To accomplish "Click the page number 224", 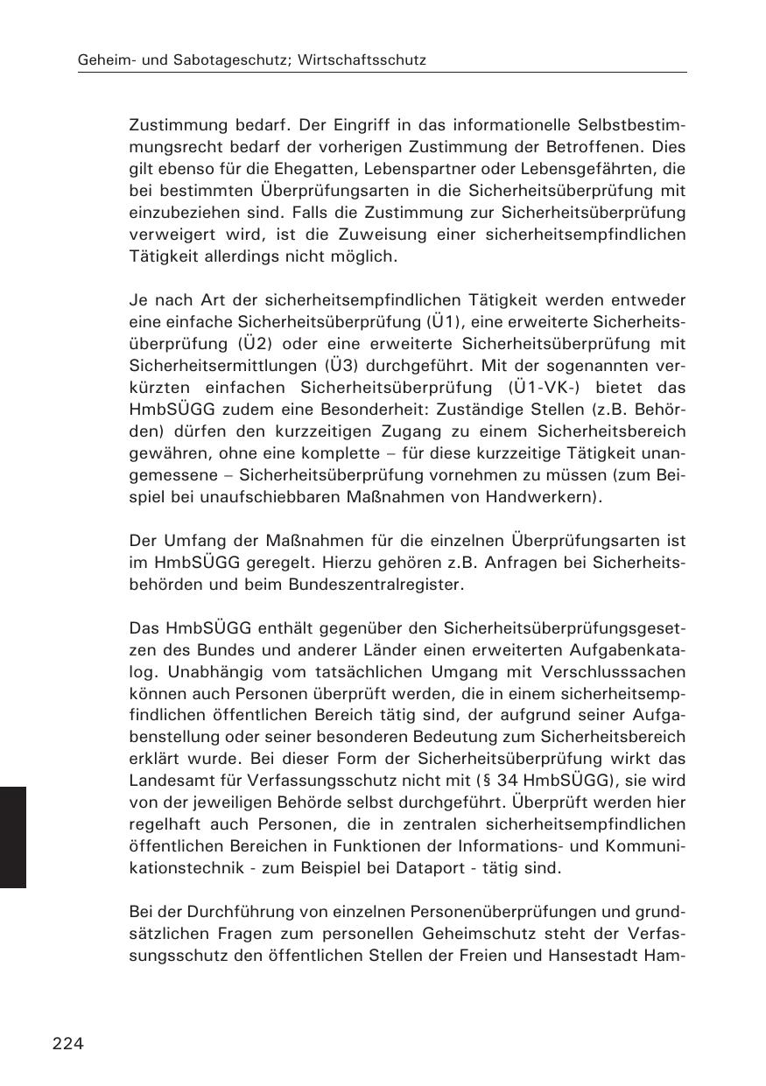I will [x=67, y=1042].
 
